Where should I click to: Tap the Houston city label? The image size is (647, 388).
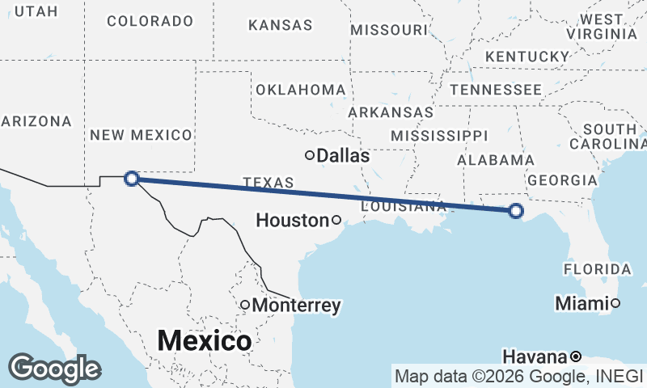click(292, 220)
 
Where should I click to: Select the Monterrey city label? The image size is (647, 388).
click(296, 306)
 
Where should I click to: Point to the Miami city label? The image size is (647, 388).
click(581, 304)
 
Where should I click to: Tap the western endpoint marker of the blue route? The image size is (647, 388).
click(132, 178)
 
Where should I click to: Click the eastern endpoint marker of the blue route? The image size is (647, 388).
click(516, 212)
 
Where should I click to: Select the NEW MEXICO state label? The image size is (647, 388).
click(141, 135)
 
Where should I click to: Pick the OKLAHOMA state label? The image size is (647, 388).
click(300, 89)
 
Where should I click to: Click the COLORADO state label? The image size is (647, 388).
click(150, 21)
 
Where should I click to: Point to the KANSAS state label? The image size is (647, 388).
click(281, 26)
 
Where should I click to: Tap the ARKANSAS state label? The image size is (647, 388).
click(391, 112)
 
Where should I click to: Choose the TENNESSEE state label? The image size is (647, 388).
click(496, 89)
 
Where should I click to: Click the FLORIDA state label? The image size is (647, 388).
click(598, 268)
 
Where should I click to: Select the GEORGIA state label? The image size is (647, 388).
click(561, 180)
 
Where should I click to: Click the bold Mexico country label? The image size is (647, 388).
click(204, 340)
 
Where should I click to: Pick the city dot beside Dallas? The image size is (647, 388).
click(309, 155)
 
